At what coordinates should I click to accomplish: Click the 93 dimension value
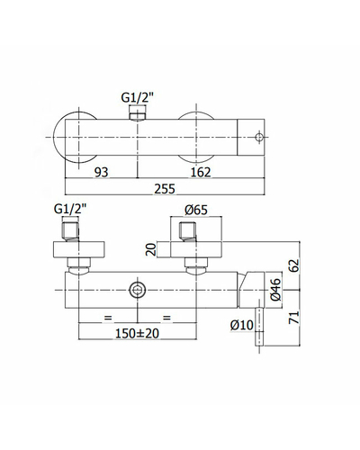(x=101, y=172)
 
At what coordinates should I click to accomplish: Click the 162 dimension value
(x=201, y=172)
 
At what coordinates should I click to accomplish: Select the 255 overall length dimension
(x=165, y=189)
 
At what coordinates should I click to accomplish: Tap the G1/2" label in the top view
(x=138, y=98)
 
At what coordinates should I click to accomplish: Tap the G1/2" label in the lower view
(x=70, y=209)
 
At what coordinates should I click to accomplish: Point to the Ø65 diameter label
(x=196, y=210)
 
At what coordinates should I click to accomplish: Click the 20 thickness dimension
(x=151, y=249)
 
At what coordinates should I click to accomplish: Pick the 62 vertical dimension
(x=295, y=265)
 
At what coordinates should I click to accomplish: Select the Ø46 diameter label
(x=275, y=290)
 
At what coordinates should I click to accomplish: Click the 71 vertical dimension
(x=295, y=318)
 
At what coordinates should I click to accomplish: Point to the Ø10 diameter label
(x=242, y=325)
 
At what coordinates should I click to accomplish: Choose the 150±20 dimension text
(x=137, y=333)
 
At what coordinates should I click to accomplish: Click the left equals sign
(x=108, y=318)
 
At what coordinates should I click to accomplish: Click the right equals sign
(x=166, y=318)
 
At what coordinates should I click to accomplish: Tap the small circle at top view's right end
(x=259, y=137)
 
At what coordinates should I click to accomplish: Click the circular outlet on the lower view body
(x=137, y=290)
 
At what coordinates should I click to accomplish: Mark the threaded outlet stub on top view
(x=137, y=113)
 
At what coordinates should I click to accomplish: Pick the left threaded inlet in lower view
(x=70, y=231)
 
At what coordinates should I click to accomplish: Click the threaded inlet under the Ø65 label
(x=187, y=231)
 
